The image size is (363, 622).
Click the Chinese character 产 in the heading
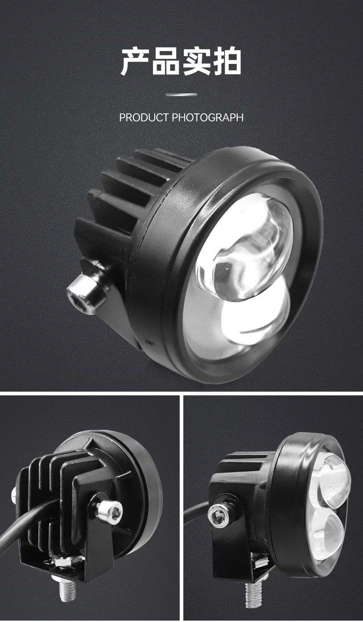click(x=135, y=61)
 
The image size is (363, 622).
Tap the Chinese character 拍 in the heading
click(x=227, y=61)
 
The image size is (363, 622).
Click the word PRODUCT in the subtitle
click(x=144, y=117)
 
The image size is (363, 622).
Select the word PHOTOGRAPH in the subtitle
click(x=208, y=117)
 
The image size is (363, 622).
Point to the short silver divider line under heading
click(x=181, y=95)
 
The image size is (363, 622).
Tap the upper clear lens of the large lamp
click(x=245, y=247)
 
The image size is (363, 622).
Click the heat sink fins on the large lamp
click(x=125, y=200)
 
